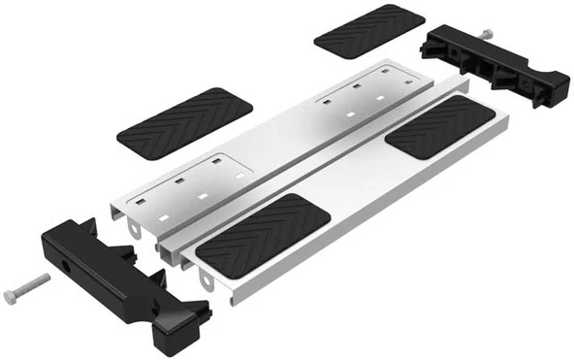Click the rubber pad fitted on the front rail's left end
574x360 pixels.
263,236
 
